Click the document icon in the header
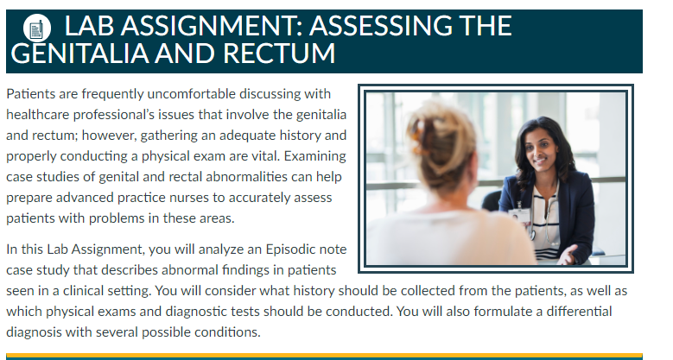coord(37,28)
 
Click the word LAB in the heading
coord(89,26)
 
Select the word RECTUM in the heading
coord(279,54)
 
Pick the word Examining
coord(315,156)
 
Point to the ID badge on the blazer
coord(519,215)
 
